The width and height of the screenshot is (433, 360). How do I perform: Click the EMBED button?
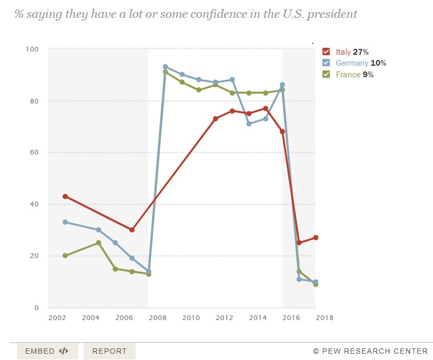click(x=47, y=351)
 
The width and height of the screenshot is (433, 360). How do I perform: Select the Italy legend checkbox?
click(x=326, y=52)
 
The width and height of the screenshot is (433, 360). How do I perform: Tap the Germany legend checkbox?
click(x=326, y=63)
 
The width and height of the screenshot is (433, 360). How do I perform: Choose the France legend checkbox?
click(x=326, y=75)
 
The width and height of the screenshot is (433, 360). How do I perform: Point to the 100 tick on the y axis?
click(x=33, y=49)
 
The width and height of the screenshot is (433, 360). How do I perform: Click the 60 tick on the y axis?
click(x=35, y=152)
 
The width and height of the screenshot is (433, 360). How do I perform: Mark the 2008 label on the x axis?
click(x=157, y=317)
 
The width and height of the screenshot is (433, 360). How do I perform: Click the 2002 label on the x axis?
click(x=57, y=317)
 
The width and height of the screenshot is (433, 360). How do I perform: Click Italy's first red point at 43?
click(x=65, y=196)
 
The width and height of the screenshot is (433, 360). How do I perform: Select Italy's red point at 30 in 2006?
click(x=132, y=230)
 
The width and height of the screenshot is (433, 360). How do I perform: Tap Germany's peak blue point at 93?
click(x=165, y=67)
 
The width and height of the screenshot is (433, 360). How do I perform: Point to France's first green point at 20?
click(x=65, y=255)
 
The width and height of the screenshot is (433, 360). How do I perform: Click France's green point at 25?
click(x=98, y=243)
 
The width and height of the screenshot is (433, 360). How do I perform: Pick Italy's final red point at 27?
click(x=315, y=238)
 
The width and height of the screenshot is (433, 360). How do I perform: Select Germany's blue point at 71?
click(x=249, y=124)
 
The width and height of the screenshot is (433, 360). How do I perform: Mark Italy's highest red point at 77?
click(x=266, y=108)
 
